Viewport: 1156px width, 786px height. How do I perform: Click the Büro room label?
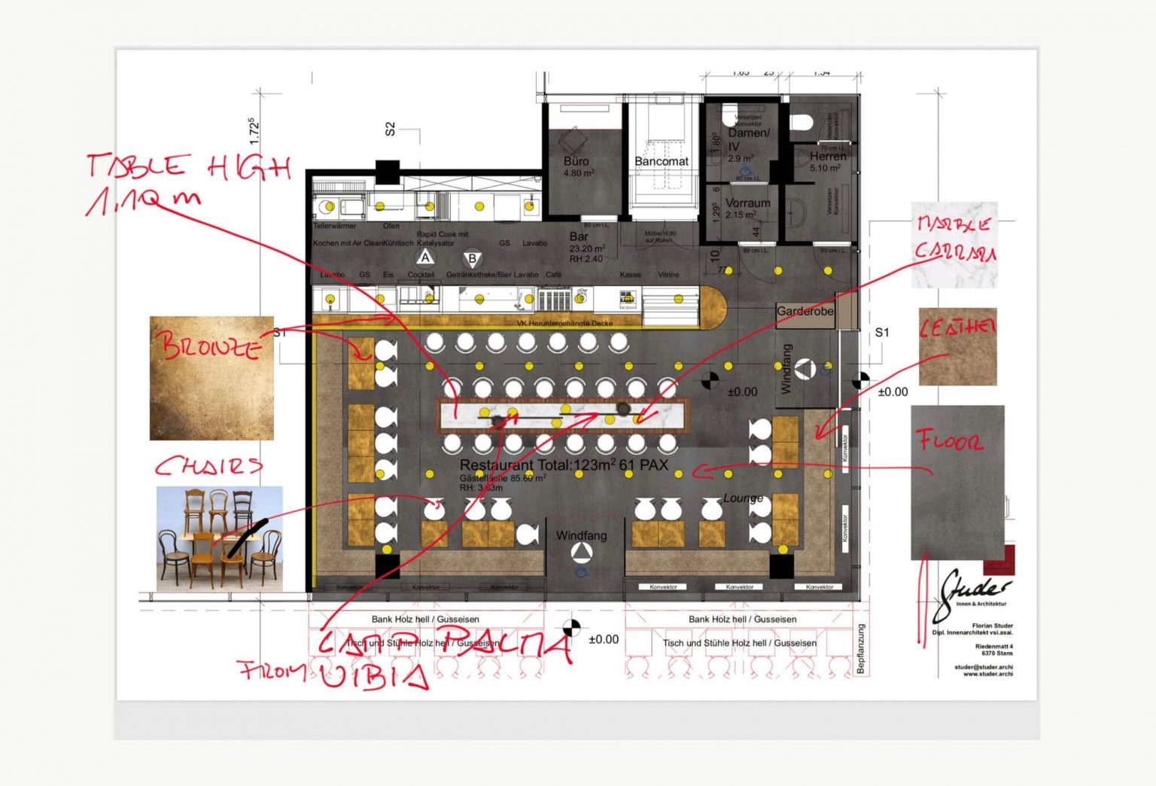point(576,161)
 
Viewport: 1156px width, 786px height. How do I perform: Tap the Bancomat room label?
point(661,161)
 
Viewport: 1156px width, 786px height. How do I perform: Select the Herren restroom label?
point(828,157)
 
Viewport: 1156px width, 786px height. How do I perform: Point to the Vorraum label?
point(747,203)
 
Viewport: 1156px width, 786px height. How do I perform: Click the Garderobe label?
point(805,311)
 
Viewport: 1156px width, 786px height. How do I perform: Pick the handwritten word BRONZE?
point(211,346)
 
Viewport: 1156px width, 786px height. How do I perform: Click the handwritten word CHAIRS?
point(208,466)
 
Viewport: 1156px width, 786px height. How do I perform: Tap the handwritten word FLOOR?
point(950,440)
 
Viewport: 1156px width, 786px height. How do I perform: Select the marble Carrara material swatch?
point(954,245)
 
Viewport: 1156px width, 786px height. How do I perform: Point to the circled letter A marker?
point(425,258)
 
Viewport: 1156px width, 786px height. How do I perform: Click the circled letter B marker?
point(472,259)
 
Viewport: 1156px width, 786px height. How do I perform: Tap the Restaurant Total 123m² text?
point(563,465)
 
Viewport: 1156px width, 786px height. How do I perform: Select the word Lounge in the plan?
point(743,498)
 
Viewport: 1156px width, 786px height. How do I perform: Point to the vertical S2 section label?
point(390,129)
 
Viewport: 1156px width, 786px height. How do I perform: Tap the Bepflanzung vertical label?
point(861,649)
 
